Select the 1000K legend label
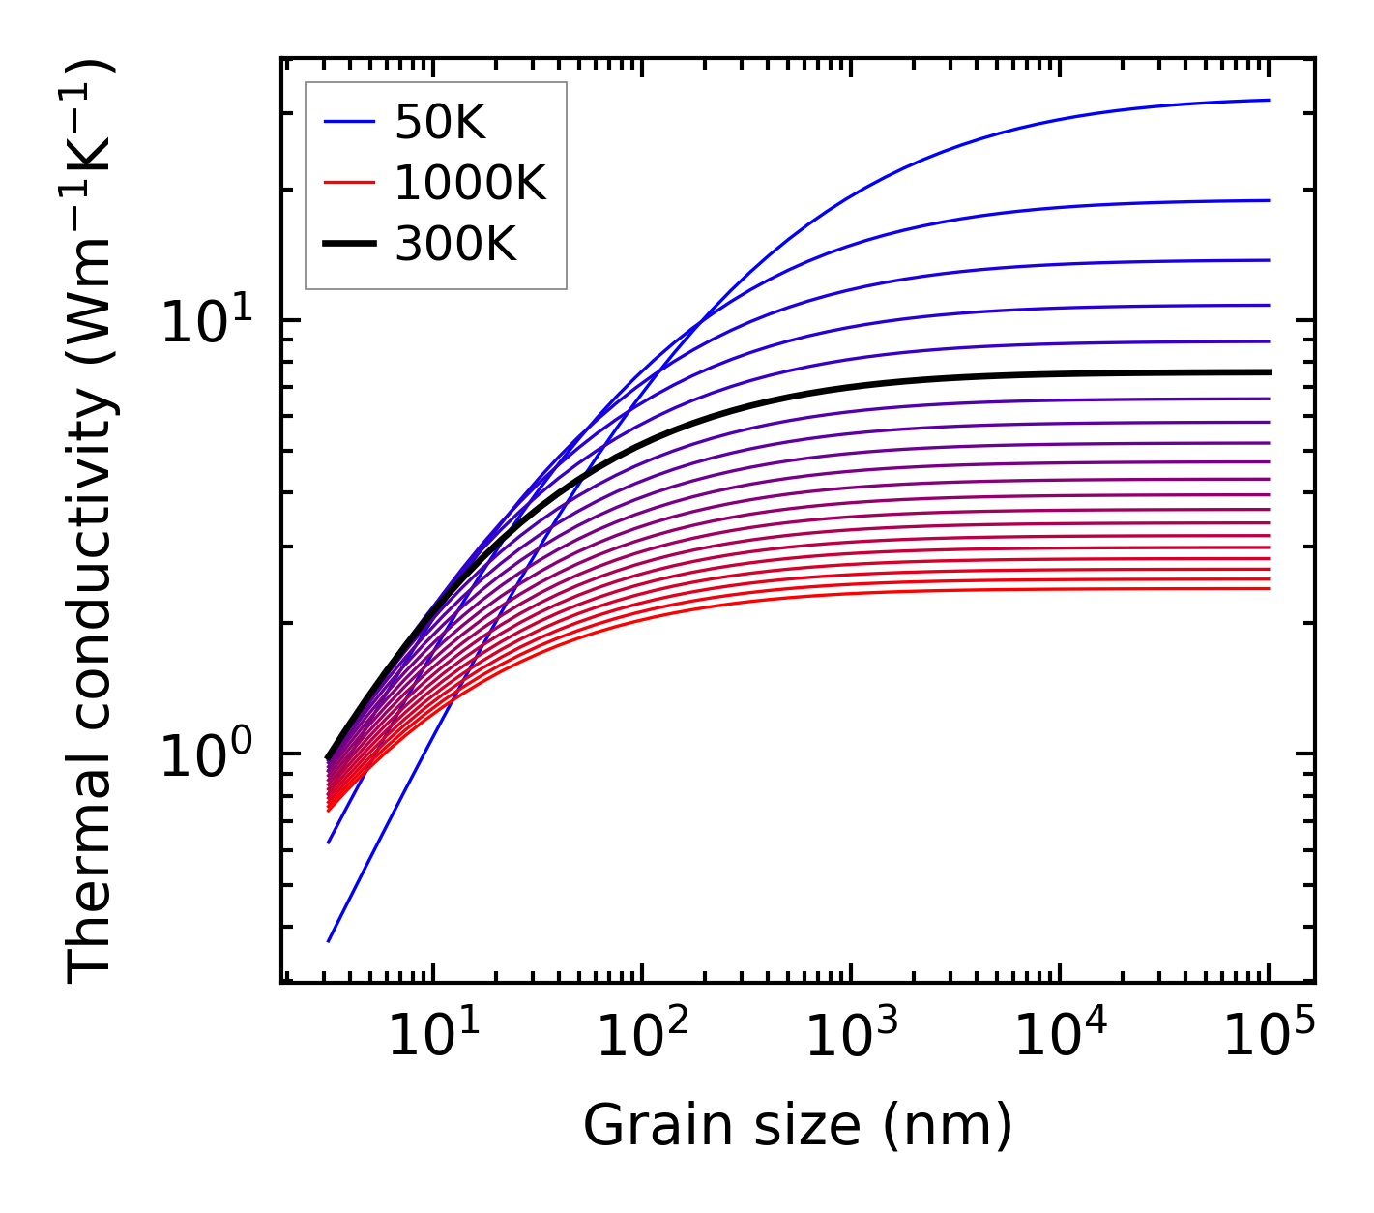click(x=470, y=183)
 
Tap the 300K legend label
click(x=455, y=245)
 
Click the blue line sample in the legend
click(x=348, y=122)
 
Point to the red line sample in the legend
click(x=348, y=183)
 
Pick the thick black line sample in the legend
click(x=348, y=245)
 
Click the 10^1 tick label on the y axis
click(x=205, y=321)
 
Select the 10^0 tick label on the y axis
click(x=205, y=754)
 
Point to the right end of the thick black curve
click(x=1268, y=371)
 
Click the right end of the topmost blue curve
click(x=1268, y=100)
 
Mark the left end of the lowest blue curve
click(x=329, y=940)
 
